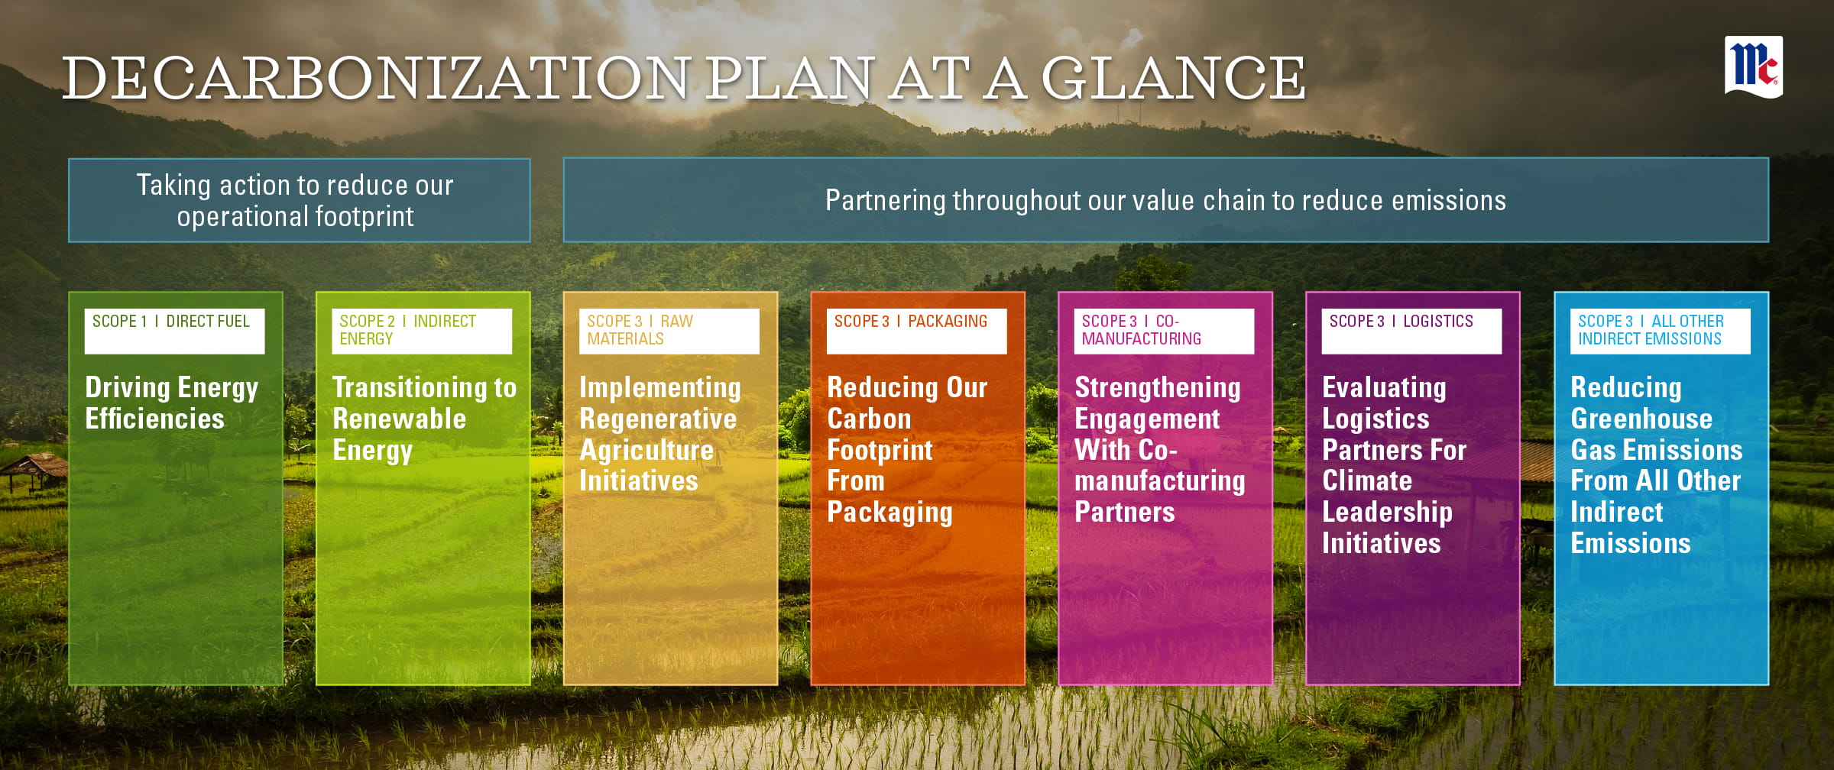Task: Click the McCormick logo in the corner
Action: (1754, 67)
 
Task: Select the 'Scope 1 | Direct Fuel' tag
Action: (174, 331)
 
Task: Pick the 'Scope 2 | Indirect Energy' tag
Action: (422, 331)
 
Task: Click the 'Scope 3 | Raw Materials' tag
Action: (669, 331)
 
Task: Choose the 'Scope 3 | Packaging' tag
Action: (917, 331)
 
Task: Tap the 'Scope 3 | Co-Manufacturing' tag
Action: (1164, 331)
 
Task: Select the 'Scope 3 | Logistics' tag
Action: (1411, 331)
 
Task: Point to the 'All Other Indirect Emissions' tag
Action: (1660, 331)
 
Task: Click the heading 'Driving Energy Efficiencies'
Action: (172, 403)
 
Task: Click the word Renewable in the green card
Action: (400, 419)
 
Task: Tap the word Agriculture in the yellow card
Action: (646, 450)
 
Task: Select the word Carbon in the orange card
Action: (869, 419)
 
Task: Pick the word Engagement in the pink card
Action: (1147, 419)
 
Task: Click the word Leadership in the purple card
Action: (1387, 513)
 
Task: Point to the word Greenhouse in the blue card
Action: (1641, 419)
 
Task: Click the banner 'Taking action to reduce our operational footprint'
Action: (299, 200)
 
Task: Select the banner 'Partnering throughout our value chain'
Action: (1166, 200)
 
